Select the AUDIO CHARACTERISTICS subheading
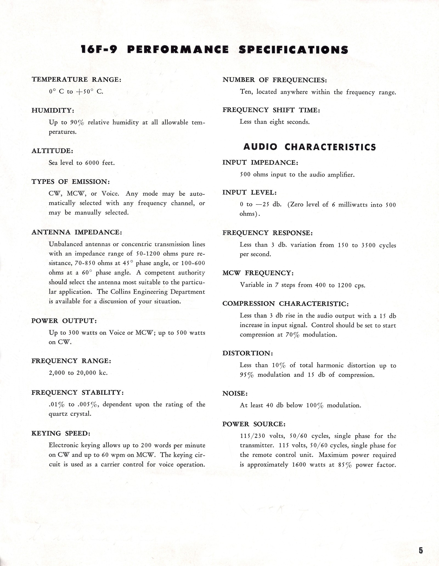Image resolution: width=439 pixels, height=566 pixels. click(309, 147)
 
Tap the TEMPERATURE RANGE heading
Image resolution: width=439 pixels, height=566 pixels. click(76, 79)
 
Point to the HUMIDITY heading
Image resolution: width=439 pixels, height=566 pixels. click(53, 110)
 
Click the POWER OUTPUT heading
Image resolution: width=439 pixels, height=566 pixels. click(64, 321)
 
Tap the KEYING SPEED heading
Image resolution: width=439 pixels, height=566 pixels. click(61, 433)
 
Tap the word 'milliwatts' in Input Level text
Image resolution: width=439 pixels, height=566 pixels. click(353, 205)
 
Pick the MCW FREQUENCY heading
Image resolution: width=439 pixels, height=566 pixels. click(258, 273)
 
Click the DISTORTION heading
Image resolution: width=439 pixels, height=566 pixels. click(247, 353)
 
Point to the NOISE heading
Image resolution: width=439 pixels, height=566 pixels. click(235, 393)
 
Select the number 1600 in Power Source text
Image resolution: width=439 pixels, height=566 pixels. click(299, 465)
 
